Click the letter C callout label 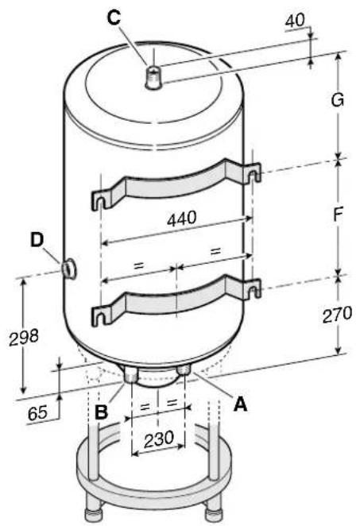[114, 17]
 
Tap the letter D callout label [37, 240]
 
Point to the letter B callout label [101, 412]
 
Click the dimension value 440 [181, 219]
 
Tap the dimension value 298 [24, 337]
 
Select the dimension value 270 [337, 315]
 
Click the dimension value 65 [37, 412]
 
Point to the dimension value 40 [296, 21]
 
